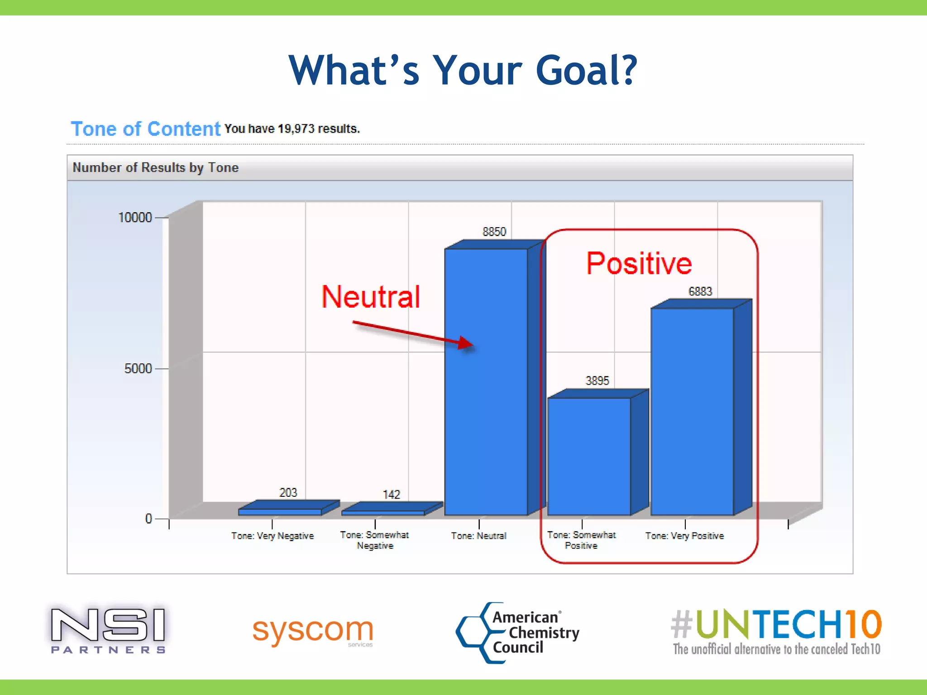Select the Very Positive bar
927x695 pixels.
[x=692, y=412]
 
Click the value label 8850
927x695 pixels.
[x=494, y=232]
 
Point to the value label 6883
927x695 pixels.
[x=700, y=291]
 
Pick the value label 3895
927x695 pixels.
[x=597, y=381]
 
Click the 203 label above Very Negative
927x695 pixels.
[x=288, y=492]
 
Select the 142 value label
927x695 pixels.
[x=392, y=494]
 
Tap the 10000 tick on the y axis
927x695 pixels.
[x=135, y=218]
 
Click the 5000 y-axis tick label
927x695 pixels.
[x=138, y=369]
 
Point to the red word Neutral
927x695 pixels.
[x=371, y=297]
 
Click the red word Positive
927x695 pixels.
[x=639, y=263]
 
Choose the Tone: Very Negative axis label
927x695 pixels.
[x=272, y=536]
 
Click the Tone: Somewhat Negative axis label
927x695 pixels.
[x=375, y=540]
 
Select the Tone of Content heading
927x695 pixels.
[x=146, y=129]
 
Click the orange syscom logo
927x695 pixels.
[x=313, y=630]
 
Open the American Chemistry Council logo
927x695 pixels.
[x=518, y=633]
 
